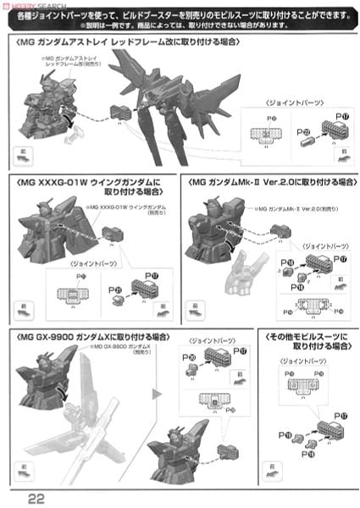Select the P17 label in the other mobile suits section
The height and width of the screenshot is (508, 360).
pos(341,414)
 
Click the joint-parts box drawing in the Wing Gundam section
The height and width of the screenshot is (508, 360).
pos(65,295)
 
